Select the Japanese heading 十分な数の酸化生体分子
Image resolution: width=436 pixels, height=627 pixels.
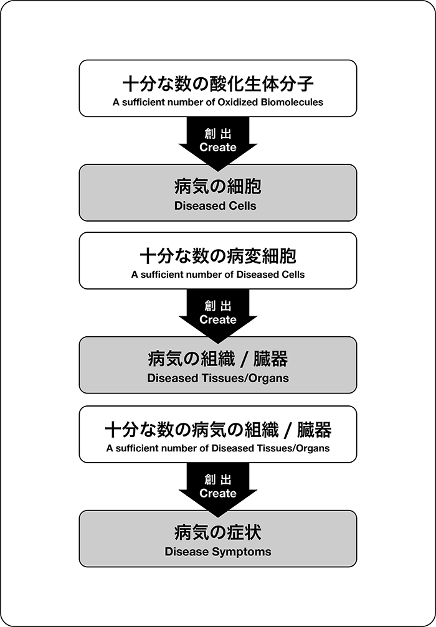point(218,85)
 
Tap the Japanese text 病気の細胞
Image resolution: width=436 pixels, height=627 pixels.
point(218,187)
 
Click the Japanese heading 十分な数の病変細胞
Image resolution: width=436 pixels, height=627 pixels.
point(218,257)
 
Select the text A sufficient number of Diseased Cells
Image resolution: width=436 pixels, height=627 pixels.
point(218,275)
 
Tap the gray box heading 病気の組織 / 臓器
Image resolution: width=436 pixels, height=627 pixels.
point(218,359)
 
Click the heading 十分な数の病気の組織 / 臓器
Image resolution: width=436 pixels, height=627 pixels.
point(218,430)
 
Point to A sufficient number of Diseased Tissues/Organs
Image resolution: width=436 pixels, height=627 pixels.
point(218,448)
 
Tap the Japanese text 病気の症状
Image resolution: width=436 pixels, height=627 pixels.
point(218,533)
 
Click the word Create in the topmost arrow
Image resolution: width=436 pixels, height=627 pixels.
point(218,147)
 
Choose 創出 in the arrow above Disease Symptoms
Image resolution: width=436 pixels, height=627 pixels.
point(218,479)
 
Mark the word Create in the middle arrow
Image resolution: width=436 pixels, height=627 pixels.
point(218,319)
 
